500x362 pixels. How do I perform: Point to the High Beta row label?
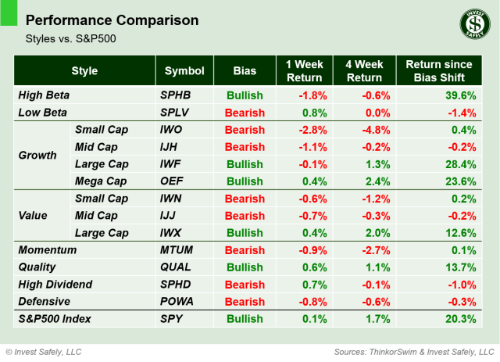44,95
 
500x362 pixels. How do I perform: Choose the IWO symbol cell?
173,129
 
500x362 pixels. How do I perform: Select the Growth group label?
37,155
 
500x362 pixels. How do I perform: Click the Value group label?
33,216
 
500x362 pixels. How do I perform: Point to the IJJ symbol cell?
171,216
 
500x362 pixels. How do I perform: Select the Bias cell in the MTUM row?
245,250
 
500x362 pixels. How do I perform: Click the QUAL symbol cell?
176,267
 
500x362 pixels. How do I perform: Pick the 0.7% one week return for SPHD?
312,285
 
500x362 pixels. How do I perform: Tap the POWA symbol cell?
177,302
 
